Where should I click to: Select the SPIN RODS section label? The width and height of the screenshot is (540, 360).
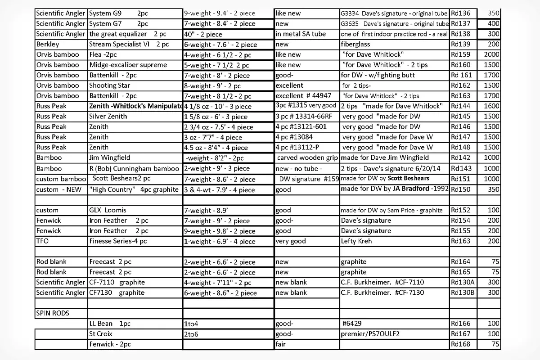point(52,313)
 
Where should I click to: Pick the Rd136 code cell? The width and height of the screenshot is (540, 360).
point(460,13)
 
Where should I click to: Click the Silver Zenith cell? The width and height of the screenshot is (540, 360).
point(108,116)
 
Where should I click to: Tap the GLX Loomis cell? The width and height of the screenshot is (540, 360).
point(108,210)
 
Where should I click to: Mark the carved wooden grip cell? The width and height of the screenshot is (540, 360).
point(307,158)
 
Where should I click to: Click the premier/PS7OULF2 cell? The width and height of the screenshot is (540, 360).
point(370,334)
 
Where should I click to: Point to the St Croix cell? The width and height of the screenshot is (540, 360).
point(101,334)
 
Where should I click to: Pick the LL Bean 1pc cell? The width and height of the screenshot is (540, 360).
point(110,324)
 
